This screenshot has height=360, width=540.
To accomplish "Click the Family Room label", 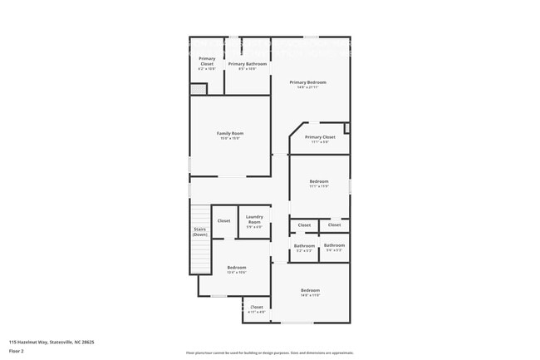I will click(x=230, y=133).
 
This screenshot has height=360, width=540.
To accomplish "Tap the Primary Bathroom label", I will click(x=248, y=64).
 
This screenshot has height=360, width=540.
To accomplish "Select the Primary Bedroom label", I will click(x=307, y=82).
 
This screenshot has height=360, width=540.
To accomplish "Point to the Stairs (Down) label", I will click(x=200, y=232).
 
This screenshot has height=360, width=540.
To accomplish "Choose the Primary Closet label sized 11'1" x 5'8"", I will click(x=320, y=137).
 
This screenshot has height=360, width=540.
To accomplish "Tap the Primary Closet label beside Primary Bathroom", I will click(x=207, y=62).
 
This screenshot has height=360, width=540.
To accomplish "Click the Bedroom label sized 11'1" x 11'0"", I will click(x=319, y=181).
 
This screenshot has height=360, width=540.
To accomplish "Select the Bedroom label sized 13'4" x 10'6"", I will click(x=237, y=267).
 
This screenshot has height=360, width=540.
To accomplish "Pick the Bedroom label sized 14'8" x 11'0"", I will click(x=310, y=290).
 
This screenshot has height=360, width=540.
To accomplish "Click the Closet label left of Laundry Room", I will click(x=223, y=220).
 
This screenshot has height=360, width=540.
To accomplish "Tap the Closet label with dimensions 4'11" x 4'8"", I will click(x=256, y=308).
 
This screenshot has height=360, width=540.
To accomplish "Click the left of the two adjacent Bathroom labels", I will click(x=304, y=245).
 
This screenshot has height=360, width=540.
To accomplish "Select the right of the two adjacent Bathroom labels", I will click(x=334, y=245).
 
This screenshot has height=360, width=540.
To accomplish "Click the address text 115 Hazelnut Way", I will click(x=51, y=342).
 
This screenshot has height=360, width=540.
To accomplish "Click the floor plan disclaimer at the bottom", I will click(x=269, y=353).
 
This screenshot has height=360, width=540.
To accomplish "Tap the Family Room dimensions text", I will click(x=230, y=138).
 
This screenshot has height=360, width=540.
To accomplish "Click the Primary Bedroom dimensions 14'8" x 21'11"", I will click(x=307, y=87).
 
